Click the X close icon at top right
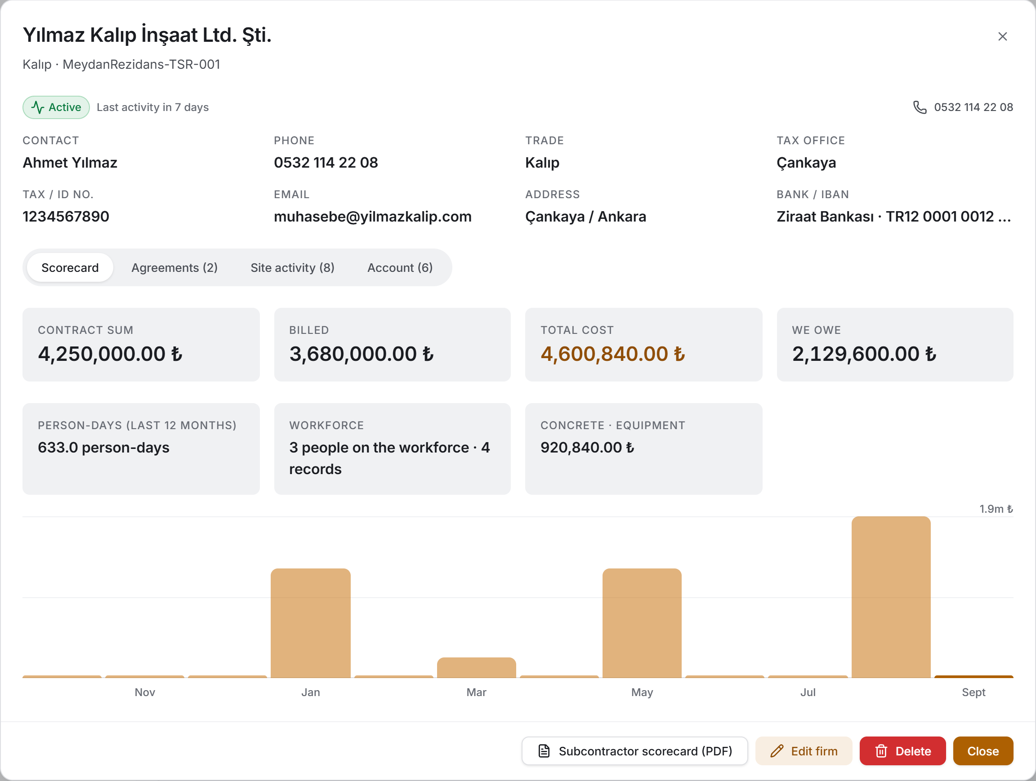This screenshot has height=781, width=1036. pos(1002,36)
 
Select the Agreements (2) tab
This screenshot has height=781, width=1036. pos(174,268)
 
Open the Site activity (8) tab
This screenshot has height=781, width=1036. pos(292,268)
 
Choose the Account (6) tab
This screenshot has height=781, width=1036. pos(400,268)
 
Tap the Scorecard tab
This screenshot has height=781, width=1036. pos(70,268)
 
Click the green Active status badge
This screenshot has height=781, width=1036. pos(56,107)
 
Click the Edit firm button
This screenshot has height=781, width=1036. pos(804,750)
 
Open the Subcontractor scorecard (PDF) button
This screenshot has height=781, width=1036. pos(634,750)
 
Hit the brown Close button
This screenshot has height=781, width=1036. pos(983,750)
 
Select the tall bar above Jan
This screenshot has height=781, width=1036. pos(311,623)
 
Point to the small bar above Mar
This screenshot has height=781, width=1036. pos(476,668)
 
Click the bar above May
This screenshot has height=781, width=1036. pos(642,623)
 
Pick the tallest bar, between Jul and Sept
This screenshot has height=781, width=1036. pos(891,597)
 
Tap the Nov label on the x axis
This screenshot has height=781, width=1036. pos(145,692)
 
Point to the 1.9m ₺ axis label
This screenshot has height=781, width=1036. pos(996,509)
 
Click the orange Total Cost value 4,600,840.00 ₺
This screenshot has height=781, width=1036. pos(612,354)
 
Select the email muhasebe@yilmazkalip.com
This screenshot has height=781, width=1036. pos(373,216)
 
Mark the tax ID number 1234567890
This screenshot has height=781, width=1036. pos(66,216)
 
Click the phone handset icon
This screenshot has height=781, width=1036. pos(920,107)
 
